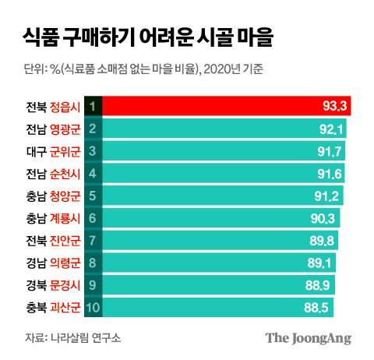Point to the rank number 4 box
(x=92, y=173)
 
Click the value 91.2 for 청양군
(x=326, y=196)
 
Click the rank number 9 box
(x=92, y=285)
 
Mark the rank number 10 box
(x=92, y=307)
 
